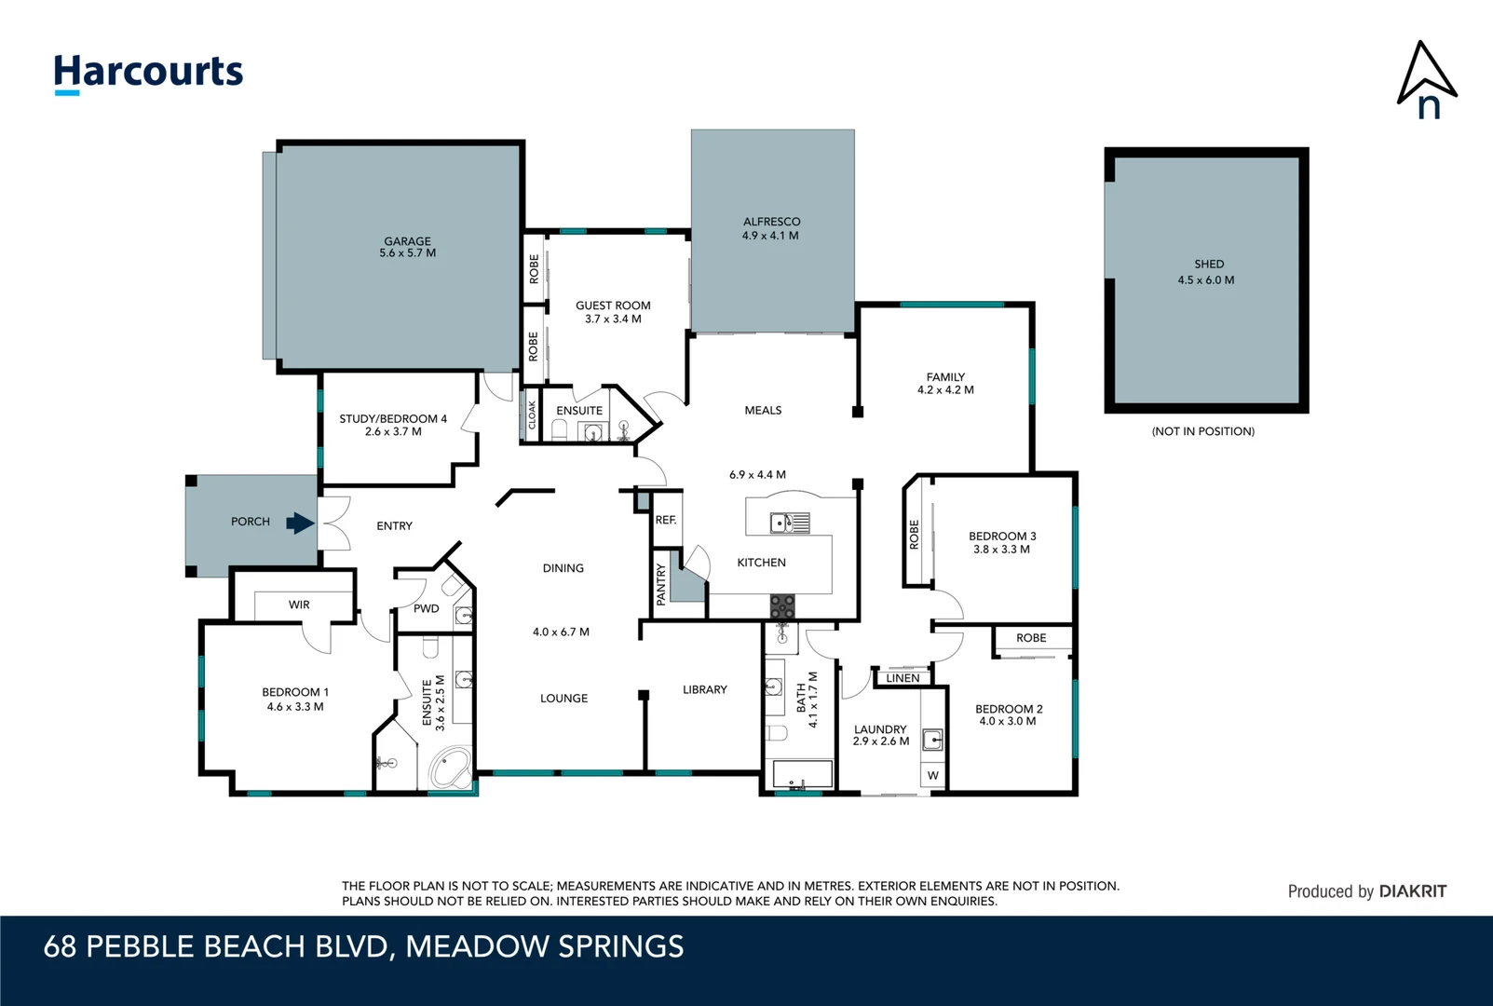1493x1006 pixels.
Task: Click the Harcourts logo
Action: coord(148,73)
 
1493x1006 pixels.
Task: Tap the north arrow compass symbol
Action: coord(1426,80)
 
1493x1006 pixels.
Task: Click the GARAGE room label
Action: coord(407,241)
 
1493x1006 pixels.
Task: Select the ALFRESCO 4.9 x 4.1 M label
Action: coord(771,228)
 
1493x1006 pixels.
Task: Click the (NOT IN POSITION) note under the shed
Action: coord(1202,431)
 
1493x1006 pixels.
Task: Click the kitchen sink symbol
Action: coord(789,523)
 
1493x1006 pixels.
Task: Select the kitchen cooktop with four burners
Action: coord(782,607)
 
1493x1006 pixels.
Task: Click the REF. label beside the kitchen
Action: coord(665,520)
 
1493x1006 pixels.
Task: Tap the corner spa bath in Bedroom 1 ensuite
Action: coord(450,769)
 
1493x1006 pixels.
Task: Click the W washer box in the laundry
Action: coord(933,775)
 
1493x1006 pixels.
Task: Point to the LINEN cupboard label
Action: coord(903,678)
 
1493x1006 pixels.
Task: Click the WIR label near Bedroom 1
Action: coord(299,605)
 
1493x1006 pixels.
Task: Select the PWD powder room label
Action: coord(426,608)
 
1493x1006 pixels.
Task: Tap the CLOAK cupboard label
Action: coord(532,415)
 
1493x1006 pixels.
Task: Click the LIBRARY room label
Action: coord(704,690)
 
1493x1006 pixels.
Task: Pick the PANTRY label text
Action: coord(660,585)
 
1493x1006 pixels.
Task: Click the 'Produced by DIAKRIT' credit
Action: coord(1366,891)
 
